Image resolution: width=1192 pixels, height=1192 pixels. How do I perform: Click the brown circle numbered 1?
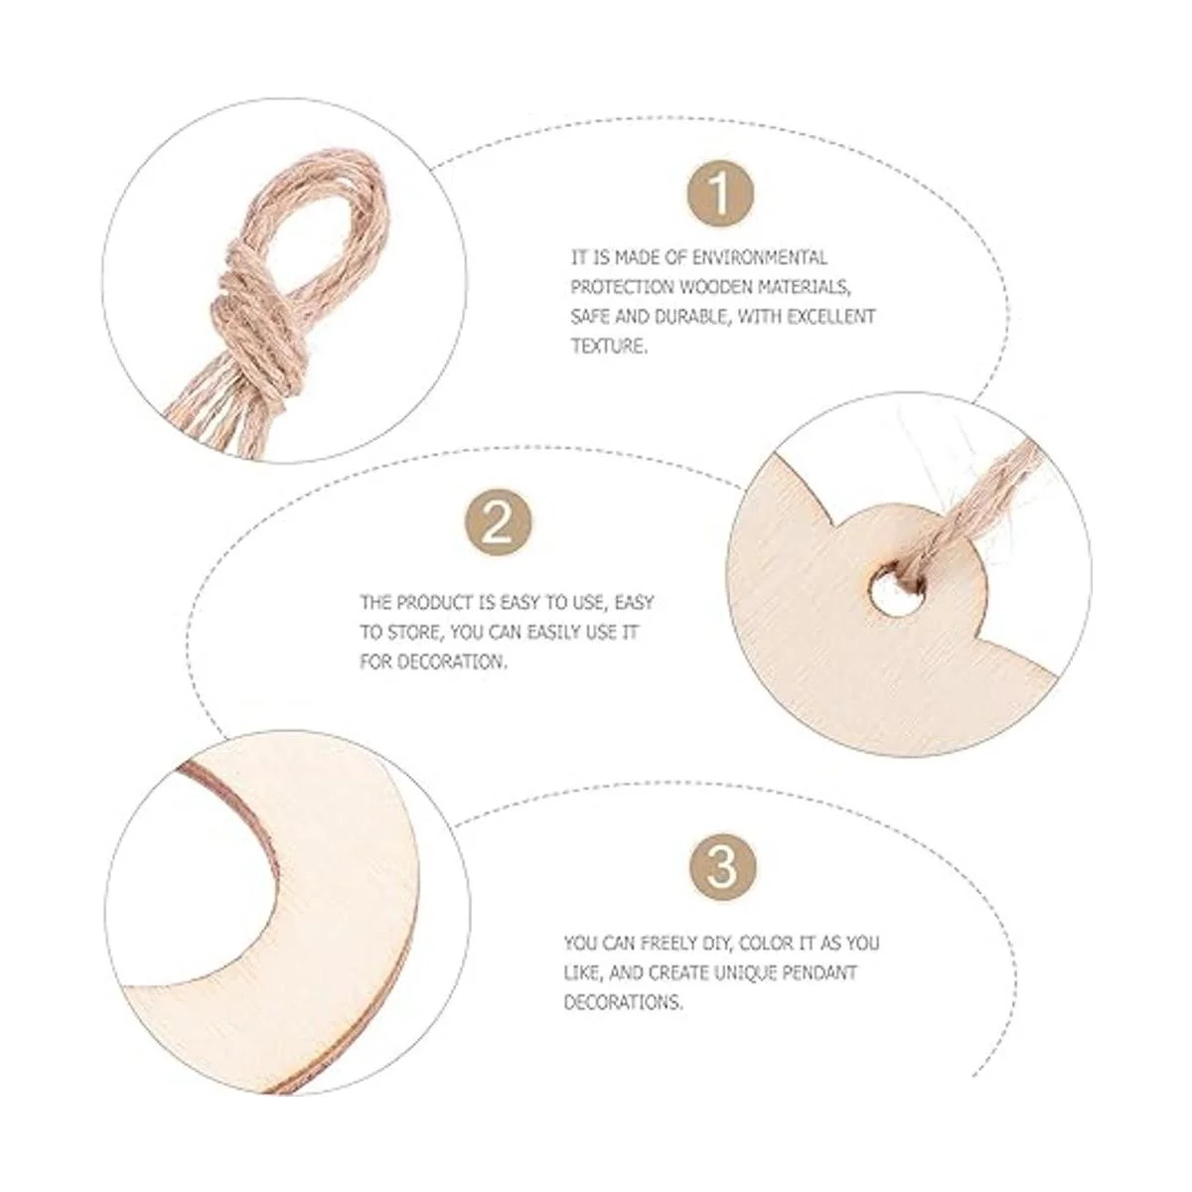(720, 194)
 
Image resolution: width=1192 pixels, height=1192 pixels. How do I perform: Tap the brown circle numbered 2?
(498, 527)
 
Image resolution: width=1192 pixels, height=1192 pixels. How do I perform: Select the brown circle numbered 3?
(722, 866)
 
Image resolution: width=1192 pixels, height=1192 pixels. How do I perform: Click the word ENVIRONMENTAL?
(759, 257)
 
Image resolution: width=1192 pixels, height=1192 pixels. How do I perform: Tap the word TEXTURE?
(609, 347)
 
